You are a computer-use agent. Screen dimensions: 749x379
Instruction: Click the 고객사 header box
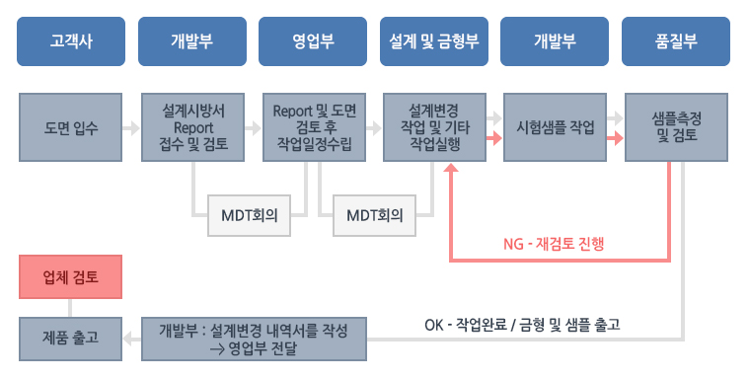pyautogui.click(x=71, y=41)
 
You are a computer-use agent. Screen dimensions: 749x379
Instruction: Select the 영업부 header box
pyautogui.click(x=313, y=41)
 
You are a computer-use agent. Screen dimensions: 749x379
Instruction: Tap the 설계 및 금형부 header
pyautogui.click(x=434, y=41)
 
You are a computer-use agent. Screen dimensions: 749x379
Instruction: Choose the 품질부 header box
pyautogui.click(x=676, y=41)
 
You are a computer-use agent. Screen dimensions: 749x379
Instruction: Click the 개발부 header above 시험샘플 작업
pyautogui.click(x=555, y=41)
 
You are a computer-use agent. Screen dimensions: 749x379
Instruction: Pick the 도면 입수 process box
pyautogui.click(x=71, y=127)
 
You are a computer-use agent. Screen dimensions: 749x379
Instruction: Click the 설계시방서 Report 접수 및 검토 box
pyautogui.click(x=193, y=127)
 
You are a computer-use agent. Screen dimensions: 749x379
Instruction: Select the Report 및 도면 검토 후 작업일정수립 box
pyautogui.click(x=315, y=127)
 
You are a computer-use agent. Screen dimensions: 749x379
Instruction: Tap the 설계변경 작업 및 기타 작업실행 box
pyautogui.click(x=434, y=127)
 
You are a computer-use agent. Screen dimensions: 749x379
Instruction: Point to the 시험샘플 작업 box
pyautogui.click(x=555, y=127)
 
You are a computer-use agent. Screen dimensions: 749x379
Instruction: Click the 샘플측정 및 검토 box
pyautogui.click(x=676, y=127)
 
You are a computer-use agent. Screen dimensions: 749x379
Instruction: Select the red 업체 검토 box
pyautogui.click(x=71, y=276)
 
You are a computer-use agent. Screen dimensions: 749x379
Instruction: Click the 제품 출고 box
pyautogui.click(x=71, y=339)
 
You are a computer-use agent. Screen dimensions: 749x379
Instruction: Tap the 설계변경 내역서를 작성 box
pyautogui.click(x=255, y=339)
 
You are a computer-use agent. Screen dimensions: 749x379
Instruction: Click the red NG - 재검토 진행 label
pyautogui.click(x=554, y=244)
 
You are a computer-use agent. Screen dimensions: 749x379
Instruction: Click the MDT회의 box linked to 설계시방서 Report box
pyautogui.click(x=250, y=215)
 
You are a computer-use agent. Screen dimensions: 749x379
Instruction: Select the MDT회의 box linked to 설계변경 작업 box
pyautogui.click(x=375, y=215)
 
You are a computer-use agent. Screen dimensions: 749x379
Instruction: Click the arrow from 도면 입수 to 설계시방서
pyautogui.click(x=131, y=127)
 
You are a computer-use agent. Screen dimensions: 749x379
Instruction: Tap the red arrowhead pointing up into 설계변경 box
pyautogui.click(x=451, y=167)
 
